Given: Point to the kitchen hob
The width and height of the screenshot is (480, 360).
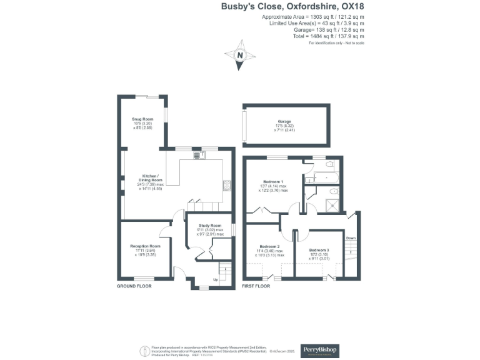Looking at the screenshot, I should pos(227,185).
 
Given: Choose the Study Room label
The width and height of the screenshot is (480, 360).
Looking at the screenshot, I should pos(210,226).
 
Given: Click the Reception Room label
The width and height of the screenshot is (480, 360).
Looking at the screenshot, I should pos(142,247).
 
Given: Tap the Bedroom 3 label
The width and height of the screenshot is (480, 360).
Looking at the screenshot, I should pos(319,249).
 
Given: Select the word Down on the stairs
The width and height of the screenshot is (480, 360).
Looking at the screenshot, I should pos(351,237).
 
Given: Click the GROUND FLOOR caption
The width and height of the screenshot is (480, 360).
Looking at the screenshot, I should pos(134,286).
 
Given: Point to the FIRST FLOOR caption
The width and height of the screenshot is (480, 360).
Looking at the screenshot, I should pos(256,286).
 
